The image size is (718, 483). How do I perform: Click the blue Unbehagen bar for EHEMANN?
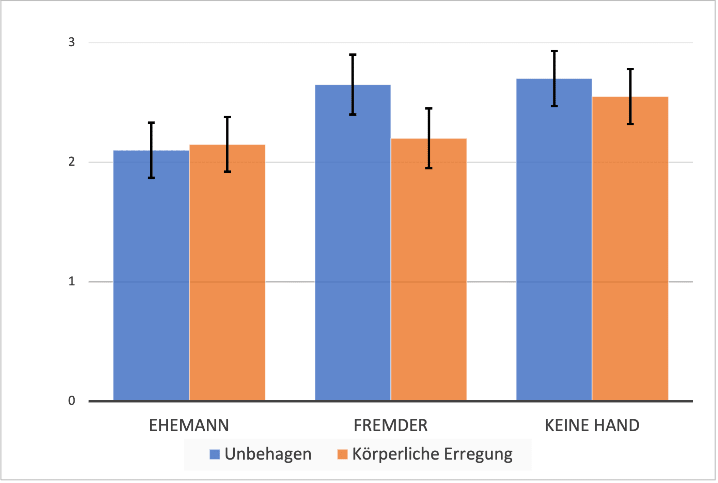[151, 276]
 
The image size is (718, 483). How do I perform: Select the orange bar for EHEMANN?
[227, 272]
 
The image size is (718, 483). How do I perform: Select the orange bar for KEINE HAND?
[630, 248]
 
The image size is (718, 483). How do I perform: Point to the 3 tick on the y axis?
[72, 42]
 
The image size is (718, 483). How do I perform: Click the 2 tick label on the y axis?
[72, 162]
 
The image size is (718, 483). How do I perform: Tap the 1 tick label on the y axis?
[72, 281]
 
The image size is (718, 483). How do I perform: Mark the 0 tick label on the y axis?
[72, 401]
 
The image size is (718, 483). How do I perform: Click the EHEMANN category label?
[189, 426]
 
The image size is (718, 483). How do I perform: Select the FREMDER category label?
[390, 426]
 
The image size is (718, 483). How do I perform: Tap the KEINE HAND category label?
[592, 426]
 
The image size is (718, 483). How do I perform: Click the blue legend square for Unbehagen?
[215, 454]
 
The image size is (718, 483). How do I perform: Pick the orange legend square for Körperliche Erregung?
[342, 454]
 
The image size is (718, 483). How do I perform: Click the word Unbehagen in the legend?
[268, 454]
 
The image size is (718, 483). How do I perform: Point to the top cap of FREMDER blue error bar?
[353, 54]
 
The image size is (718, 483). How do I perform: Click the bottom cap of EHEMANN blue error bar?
[151, 178]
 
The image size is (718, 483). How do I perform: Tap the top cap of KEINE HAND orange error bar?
[630, 69]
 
